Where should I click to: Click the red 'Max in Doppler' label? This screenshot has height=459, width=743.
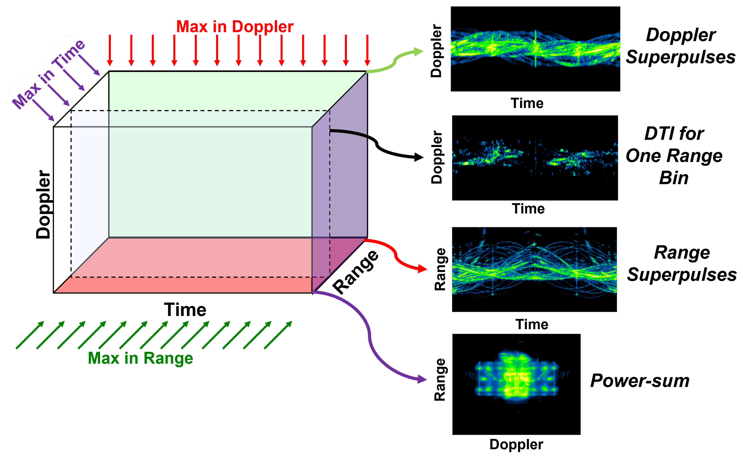click(x=235, y=27)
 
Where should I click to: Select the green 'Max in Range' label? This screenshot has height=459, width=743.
click(x=140, y=358)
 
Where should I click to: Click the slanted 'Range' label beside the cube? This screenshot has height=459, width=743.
click(x=355, y=272)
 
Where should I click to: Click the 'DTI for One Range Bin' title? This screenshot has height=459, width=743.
click(x=674, y=155)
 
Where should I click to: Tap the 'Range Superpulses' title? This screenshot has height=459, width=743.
click(x=682, y=263)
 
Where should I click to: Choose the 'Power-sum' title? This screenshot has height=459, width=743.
click(x=640, y=381)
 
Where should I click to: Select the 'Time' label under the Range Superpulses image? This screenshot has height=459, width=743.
click(x=532, y=324)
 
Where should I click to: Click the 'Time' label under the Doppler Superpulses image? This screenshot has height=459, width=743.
click(x=527, y=103)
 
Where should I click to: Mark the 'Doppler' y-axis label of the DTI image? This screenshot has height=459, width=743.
click(x=437, y=157)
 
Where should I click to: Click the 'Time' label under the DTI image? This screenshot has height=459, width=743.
click(x=528, y=209)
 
